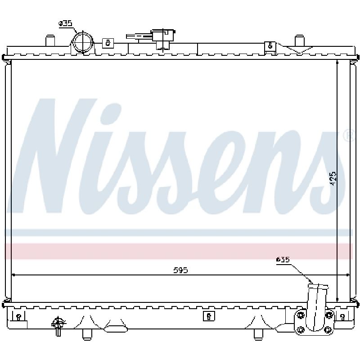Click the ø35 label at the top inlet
pos(65,23)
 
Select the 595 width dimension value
pos(180,270)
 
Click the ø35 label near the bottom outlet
pos(283,260)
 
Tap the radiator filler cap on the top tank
pos(163,39)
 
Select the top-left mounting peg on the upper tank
pos(50,40)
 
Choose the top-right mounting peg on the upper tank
pos(299,40)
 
